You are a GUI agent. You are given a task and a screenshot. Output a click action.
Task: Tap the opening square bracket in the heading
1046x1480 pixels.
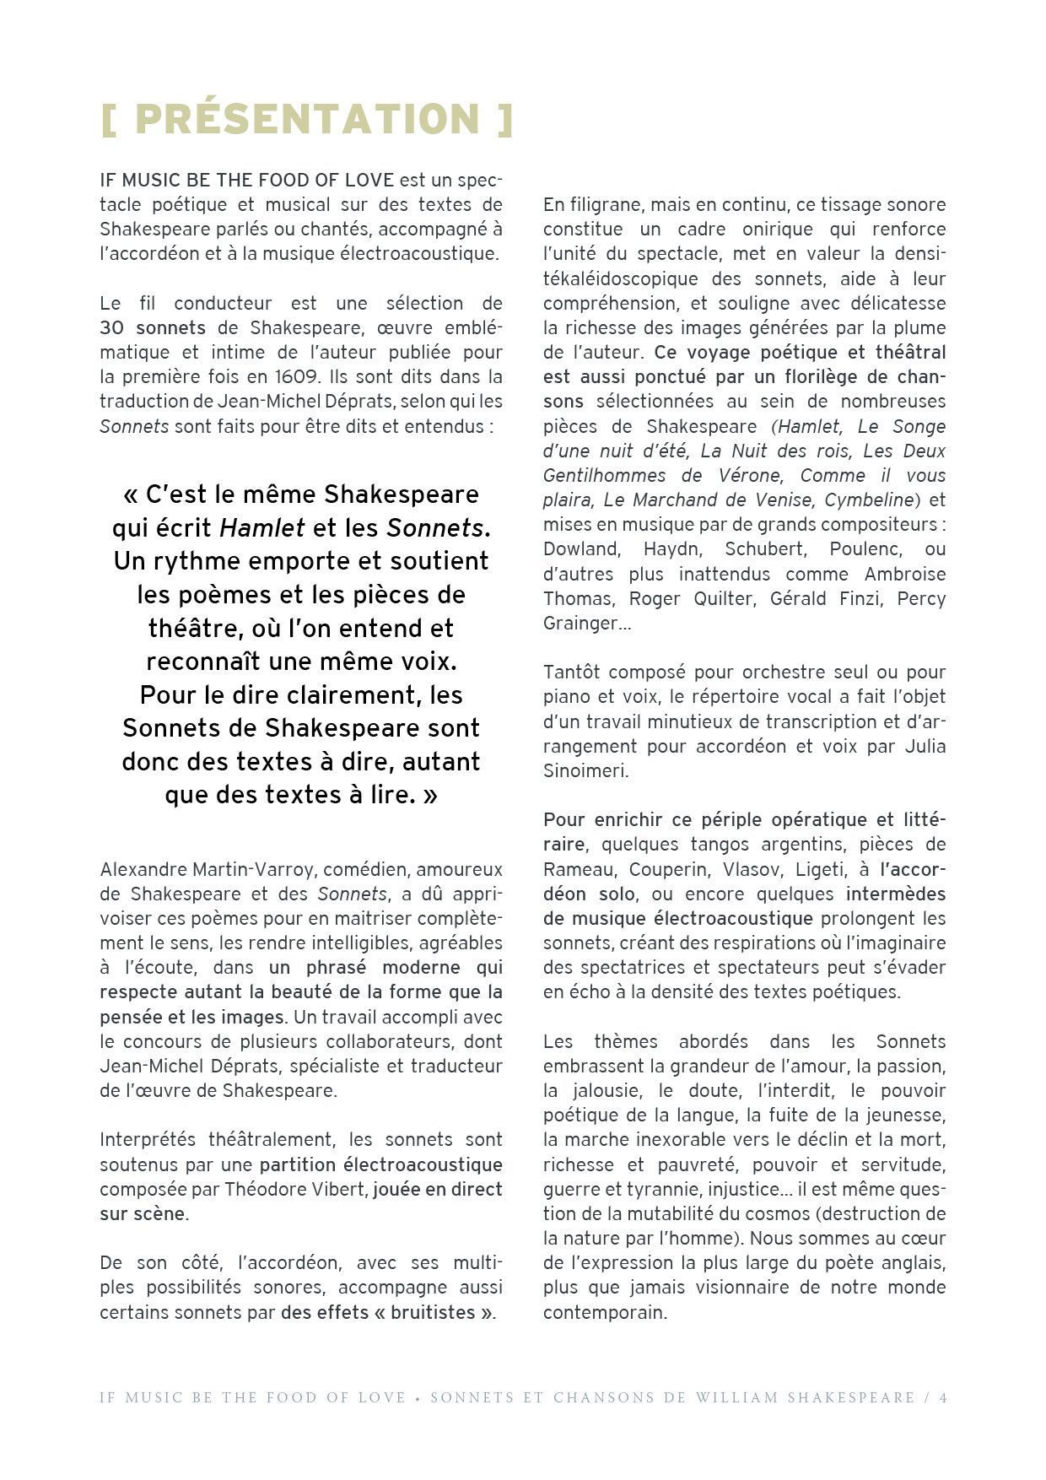(x=108, y=119)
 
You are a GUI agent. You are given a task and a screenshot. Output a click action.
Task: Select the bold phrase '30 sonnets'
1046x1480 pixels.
(x=153, y=327)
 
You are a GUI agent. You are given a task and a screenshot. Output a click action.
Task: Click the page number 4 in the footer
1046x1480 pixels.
(x=943, y=1397)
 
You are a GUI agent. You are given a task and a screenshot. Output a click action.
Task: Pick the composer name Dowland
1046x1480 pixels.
(x=580, y=549)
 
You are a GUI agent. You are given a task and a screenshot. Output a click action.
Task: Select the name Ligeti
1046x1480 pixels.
(x=818, y=869)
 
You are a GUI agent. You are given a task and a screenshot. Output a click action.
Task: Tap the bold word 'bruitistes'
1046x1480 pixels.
(x=433, y=1313)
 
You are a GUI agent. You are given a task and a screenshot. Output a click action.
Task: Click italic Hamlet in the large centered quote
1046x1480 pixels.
(x=262, y=528)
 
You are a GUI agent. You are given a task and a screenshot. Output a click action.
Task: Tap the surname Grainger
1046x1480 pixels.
(x=581, y=624)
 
